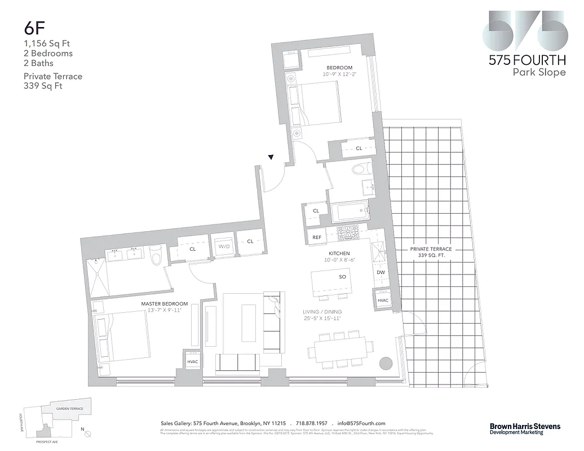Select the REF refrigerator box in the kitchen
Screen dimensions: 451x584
317,237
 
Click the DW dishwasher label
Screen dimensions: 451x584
381,272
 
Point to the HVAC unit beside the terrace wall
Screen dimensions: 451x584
383,300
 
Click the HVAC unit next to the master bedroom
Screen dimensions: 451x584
192,361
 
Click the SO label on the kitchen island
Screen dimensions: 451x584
342,277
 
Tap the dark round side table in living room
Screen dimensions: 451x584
386,362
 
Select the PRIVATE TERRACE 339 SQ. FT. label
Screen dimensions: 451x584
431,252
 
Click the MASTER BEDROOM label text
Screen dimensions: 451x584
164,304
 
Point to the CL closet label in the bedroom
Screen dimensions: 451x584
359,148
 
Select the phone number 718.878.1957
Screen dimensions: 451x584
311,423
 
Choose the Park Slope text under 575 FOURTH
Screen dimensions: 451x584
538,72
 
